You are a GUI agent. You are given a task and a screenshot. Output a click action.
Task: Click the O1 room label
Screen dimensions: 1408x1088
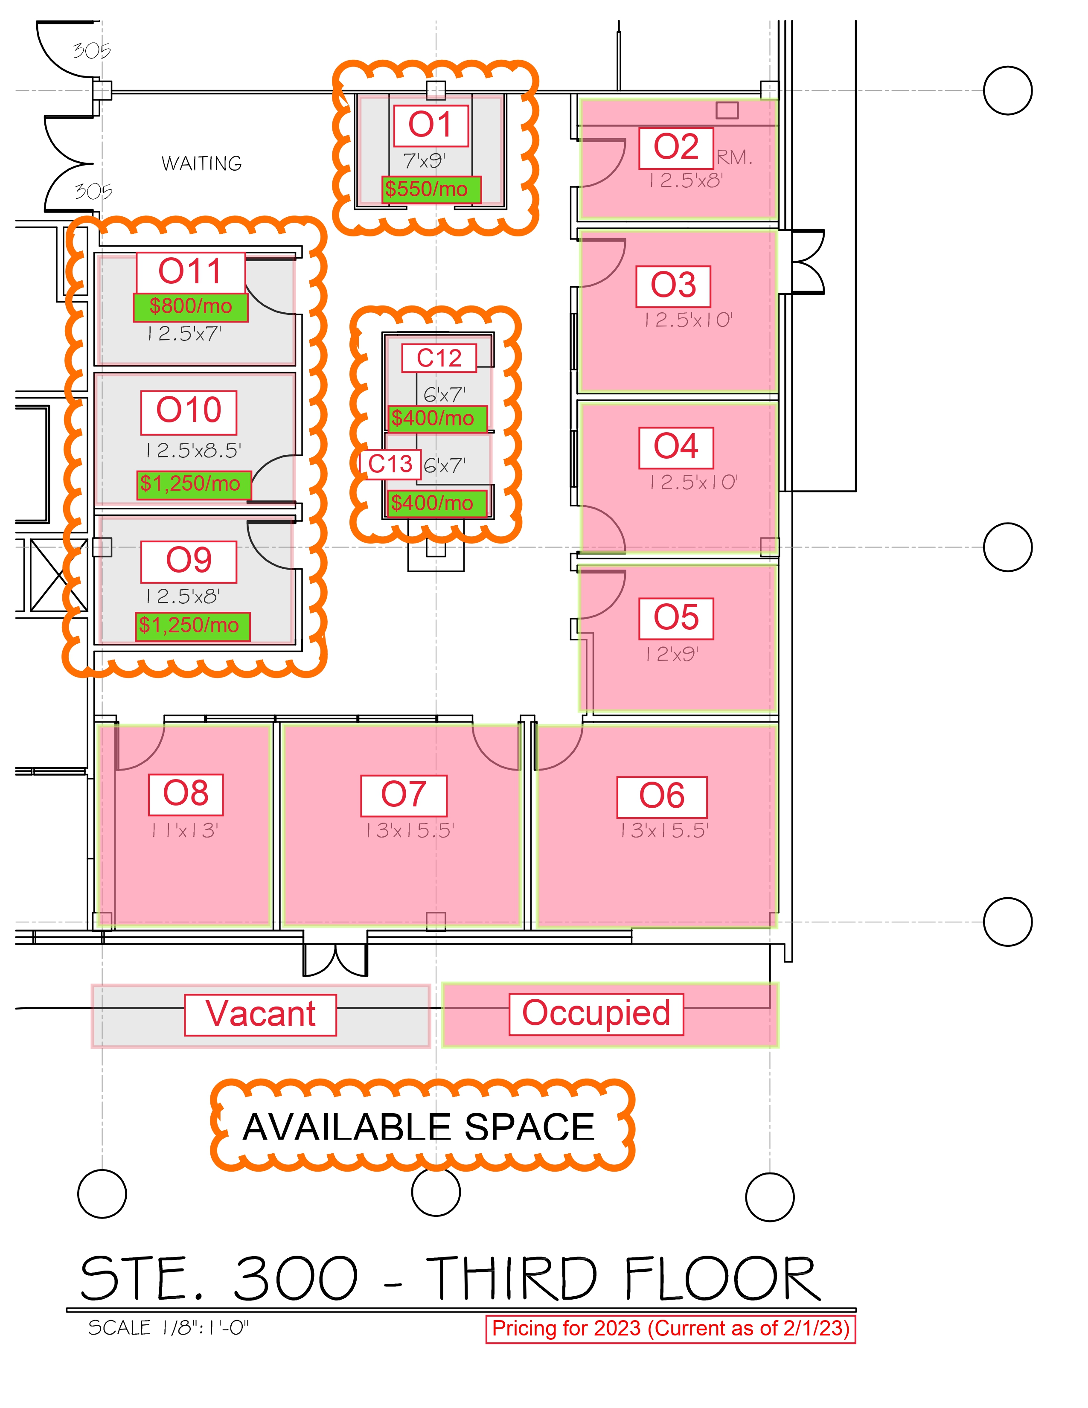click(x=431, y=125)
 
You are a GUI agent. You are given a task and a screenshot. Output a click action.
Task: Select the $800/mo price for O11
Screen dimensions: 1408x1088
click(x=190, y=307)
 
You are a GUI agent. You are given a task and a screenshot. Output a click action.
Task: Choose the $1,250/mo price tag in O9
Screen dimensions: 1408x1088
click(x=192, y=625)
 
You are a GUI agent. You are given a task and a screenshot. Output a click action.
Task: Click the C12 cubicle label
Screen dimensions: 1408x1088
click(x=439, y=358)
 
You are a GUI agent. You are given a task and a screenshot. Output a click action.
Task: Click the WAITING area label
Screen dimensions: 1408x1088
click(x=202, y=164)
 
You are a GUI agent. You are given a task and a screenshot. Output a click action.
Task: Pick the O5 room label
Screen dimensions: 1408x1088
click(x=675, y=618)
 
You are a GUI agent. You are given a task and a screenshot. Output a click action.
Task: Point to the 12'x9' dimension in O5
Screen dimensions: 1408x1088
click(x=672, y=655)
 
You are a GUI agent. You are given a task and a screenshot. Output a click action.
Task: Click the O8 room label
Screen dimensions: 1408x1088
click(x=186, y=794)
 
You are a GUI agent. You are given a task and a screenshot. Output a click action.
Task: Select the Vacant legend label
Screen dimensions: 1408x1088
click(x=260, y=1014)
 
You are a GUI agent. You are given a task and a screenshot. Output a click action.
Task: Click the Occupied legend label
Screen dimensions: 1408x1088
click(x=596, y=1013)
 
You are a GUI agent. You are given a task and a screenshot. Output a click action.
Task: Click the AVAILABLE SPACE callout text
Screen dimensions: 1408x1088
click(x=418, y=1128)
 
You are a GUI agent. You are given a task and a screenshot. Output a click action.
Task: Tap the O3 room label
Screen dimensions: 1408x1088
click(x=673, y=285)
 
